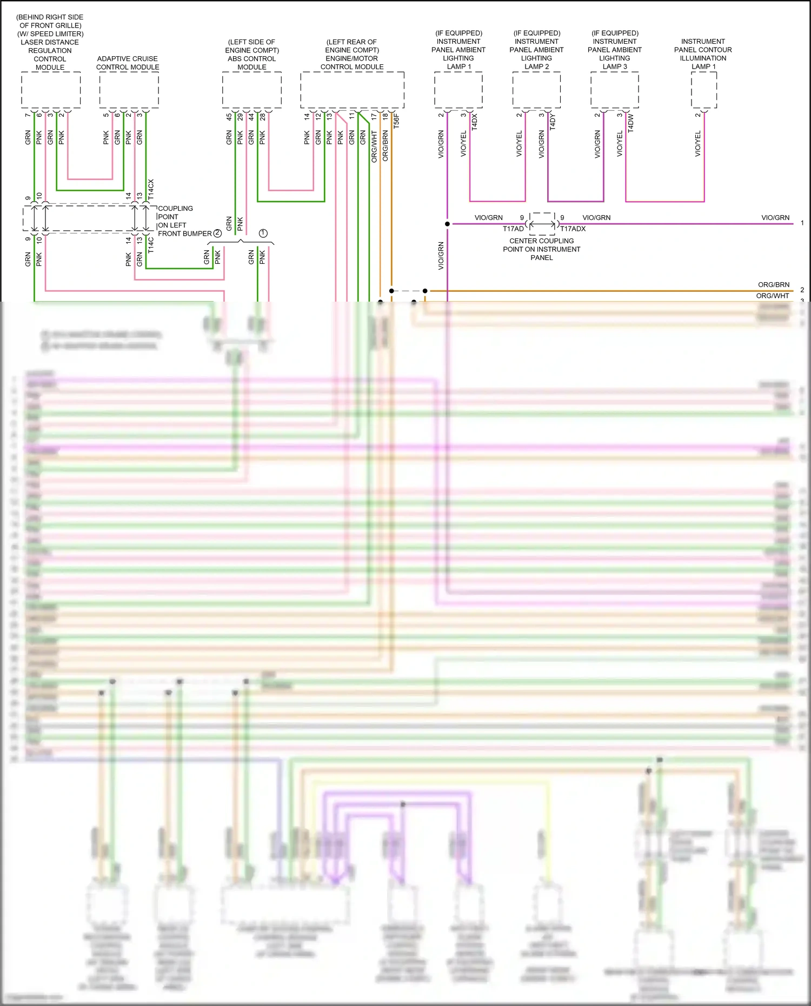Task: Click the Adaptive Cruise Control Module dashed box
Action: [x=129, y=90]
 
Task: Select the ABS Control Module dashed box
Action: [x=251, y=90]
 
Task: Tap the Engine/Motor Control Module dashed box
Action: [x=352, y=90]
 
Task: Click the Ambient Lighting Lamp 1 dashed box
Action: [x=458, y=90]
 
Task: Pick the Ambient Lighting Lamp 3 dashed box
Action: [x=614, y=90]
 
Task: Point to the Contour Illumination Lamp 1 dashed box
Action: [x=703, y=90]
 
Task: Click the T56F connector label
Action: [x=396, y=121]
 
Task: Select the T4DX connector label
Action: [x=475, y=121]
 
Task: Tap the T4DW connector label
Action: [x=631, y=123]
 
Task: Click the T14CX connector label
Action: [x=151, y=190]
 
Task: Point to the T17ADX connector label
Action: [x=573, y=229]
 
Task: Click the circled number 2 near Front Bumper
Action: [x=217, y=233]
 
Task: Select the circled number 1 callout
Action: [x=263, y=233]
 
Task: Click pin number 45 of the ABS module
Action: [x=229, y=116]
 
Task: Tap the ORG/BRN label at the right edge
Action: [x=773, y=284]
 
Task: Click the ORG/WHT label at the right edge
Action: [x=772, y=296]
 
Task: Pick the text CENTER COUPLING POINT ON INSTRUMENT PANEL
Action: [x=541, y=249]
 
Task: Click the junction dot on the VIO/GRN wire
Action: [x=447, y=223]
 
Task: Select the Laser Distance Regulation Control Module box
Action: [x=51, y=90]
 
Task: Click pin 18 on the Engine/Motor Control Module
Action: [x=385, y=116]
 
